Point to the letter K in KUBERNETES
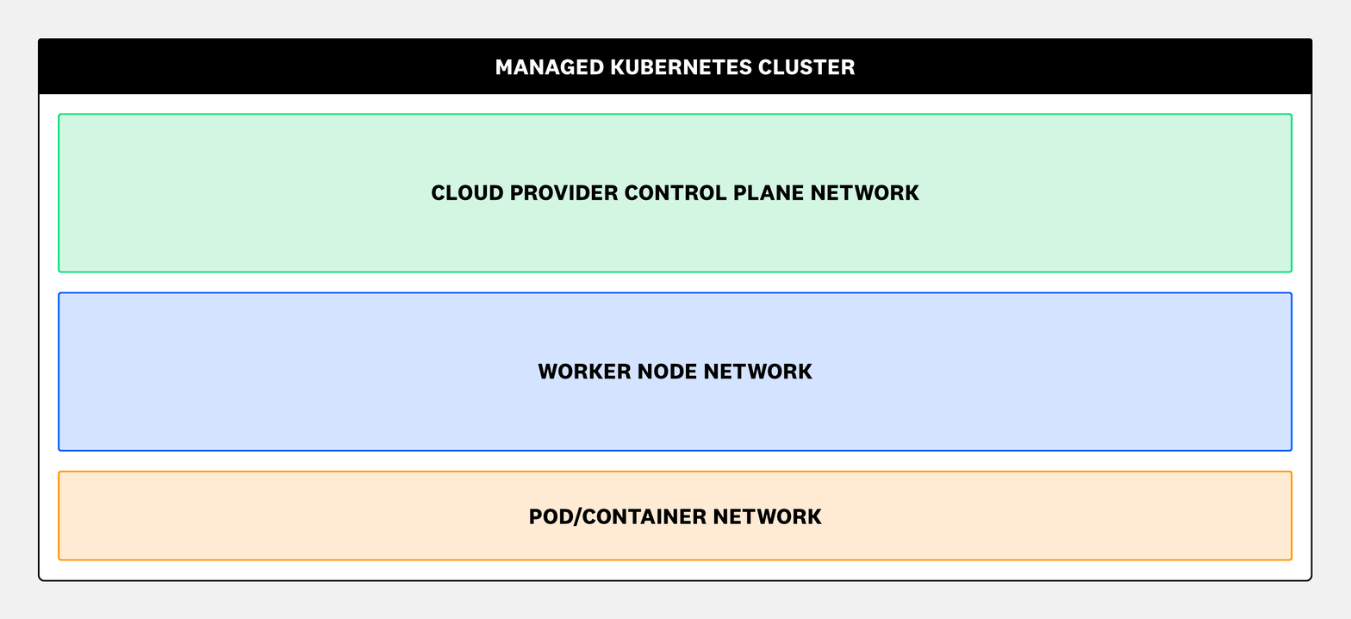[617, 67]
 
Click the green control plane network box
[258, 233]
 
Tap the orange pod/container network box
[258, 535]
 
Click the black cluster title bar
[258, 67]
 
